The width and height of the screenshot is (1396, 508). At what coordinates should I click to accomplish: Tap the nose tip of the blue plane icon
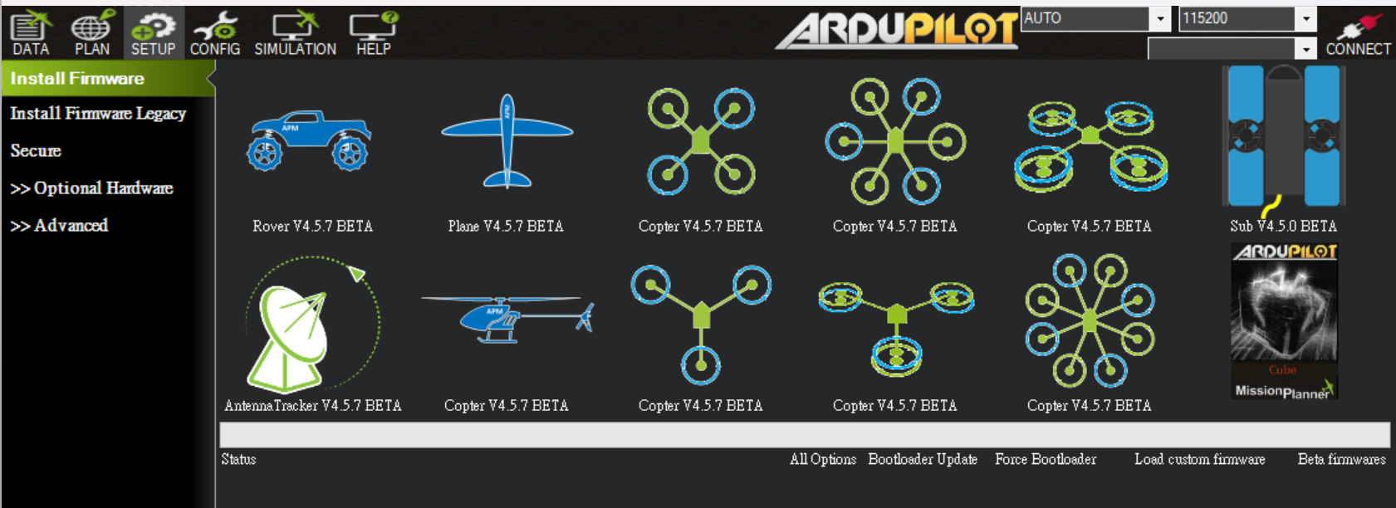click(x=507, y=95)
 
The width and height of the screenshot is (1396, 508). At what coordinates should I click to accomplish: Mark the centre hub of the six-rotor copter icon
click(x=895, y=141)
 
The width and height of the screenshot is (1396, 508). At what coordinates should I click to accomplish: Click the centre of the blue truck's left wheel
click(x=265, y=154)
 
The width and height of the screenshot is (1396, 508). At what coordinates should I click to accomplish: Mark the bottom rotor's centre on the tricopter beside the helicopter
click(x=701, y=365)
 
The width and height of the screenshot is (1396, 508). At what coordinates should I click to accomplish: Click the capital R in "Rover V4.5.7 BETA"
click(x=257, y=226)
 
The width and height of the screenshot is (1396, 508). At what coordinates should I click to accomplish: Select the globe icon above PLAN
click(x=91, y=27)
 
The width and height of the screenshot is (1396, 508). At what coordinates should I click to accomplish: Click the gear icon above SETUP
click(x=154, y=27)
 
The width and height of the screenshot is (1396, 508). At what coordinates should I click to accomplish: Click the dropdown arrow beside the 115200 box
click(x=1306, y=18)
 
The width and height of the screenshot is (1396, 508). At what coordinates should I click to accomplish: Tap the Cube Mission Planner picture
click(x=1284, y=321)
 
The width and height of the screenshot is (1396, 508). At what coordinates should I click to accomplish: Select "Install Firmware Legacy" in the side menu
click(x=98, y=114)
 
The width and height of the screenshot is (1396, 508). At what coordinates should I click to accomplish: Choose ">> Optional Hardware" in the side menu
click(x=91, y=188)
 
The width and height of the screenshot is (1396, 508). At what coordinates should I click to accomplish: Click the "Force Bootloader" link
click(x=1046, y=460)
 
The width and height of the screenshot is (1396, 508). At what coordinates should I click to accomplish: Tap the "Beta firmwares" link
click(x=1342, y=460)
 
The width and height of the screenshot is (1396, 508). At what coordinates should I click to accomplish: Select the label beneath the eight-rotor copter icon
click(x=1090, y=405)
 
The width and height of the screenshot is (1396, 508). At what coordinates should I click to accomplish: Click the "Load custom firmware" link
click(x=1200, y=460)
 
